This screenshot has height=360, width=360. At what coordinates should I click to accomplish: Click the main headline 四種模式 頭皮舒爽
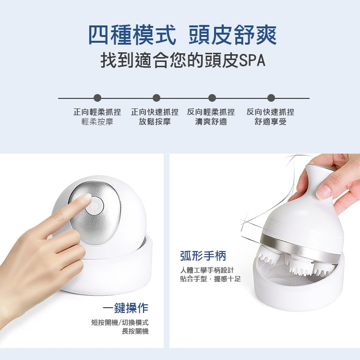click(182, 35)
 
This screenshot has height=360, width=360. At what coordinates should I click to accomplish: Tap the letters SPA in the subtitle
click(252, 60)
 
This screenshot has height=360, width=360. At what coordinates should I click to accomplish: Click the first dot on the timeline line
click(97, 98)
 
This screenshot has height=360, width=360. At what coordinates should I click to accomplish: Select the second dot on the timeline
click(156, 98)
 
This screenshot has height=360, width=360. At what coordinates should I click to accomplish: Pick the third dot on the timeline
click(212, 98)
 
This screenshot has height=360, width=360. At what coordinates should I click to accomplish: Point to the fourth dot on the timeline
click(271, 98)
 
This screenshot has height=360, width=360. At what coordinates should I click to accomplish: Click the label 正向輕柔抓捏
click(97, 112)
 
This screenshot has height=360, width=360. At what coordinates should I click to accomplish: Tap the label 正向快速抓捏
click(155, 112)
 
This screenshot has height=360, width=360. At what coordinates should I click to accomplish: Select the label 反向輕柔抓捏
click(211, 112)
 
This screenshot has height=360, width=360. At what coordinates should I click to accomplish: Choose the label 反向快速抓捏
click(270, 112)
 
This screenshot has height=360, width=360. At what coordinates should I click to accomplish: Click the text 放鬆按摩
click(155, 122)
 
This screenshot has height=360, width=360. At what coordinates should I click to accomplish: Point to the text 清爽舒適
click(211, 122)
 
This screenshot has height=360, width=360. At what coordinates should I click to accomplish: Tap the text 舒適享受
click(270, 122)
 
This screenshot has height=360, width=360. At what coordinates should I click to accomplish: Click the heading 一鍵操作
click(126, 308)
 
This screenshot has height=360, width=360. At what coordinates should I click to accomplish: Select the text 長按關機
click(135, 331)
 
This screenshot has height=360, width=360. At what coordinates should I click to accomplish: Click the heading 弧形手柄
click(203, 256)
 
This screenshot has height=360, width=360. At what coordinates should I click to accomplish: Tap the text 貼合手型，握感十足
click(211, 279)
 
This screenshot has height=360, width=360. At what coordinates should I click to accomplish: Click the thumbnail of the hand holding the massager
click(264, 251)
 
